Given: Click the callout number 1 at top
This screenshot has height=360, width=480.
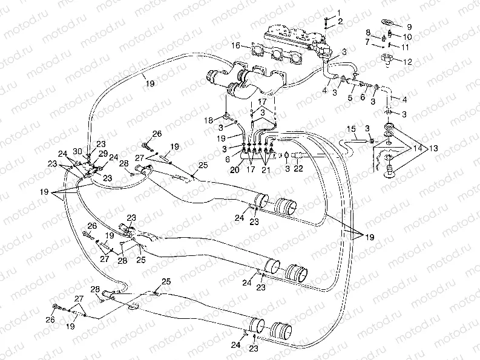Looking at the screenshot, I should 340,12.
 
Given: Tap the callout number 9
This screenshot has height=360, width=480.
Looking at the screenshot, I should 409,27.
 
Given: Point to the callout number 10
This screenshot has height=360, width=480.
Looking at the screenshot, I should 407,37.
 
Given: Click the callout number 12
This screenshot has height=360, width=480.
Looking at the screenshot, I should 407,61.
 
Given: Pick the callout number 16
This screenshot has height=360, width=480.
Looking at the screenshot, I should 237,45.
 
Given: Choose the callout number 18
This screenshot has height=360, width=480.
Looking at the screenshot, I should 210,120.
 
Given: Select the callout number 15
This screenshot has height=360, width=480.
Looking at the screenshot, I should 350,128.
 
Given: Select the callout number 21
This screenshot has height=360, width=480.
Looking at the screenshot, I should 266,170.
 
